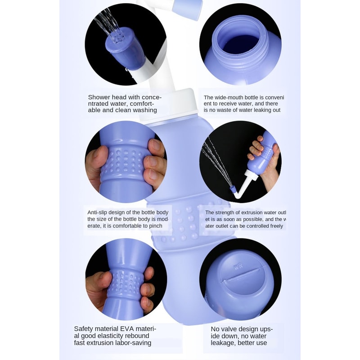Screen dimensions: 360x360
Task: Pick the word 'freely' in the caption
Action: [x=275, y=226]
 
